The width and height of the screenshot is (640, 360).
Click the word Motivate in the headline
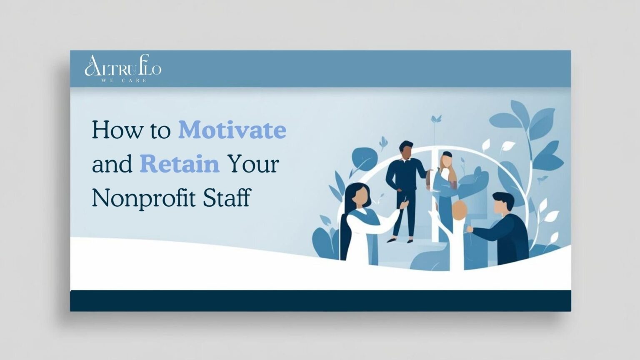tap(232, 130)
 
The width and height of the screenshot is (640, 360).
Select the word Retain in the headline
tap(180, 164)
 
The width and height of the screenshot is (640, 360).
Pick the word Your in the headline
tap(252, 164)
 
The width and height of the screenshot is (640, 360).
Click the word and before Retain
tap(112, 164)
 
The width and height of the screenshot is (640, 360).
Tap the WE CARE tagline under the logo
tap(124, 80)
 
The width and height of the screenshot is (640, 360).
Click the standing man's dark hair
tap(406, 146)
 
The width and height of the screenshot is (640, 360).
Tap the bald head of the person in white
tap(460, 210)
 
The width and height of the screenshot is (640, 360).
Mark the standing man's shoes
tap(400, 240)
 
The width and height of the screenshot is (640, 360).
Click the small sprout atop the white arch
tap(436, 119)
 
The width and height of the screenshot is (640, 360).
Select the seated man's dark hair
tap(503, 200)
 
